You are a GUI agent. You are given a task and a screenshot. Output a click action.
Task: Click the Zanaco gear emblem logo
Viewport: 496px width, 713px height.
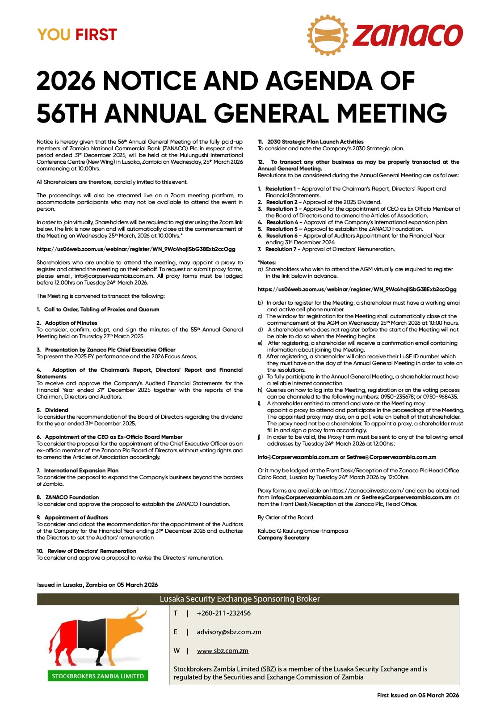click(328, 35)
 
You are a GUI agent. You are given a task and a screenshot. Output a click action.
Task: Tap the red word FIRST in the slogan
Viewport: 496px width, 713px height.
click(96, 35)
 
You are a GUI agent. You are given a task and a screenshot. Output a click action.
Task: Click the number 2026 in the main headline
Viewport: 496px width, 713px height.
click(66, 81)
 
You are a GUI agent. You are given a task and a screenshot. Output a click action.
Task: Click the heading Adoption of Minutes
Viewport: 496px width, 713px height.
click(71, 323)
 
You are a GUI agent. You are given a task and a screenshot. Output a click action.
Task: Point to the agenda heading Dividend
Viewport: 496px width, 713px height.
click(56, 410)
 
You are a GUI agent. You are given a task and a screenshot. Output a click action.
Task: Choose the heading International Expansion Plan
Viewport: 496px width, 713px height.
click(81, 470)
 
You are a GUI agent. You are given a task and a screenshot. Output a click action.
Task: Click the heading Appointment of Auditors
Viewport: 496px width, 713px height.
click(76, 517)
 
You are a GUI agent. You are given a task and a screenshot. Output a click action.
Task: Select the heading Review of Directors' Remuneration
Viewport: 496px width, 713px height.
click(92, 551)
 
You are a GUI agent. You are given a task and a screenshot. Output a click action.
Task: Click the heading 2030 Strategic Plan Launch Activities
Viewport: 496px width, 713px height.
click(315, 141)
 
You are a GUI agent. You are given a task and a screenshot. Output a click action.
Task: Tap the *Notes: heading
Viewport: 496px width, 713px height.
click(267, 262)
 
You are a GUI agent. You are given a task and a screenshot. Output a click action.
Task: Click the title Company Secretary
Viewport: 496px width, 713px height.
click(283, 537)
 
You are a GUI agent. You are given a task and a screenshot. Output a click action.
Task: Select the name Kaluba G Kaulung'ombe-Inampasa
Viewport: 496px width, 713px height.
click(303, 531)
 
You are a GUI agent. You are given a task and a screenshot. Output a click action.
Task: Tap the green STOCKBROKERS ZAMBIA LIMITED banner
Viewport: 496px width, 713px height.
click(98, 676)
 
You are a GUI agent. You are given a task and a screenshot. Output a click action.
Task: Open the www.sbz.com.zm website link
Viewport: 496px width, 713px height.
click(223, 650)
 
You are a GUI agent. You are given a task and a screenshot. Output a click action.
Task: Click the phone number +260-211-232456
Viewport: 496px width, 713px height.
click(223, 613)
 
